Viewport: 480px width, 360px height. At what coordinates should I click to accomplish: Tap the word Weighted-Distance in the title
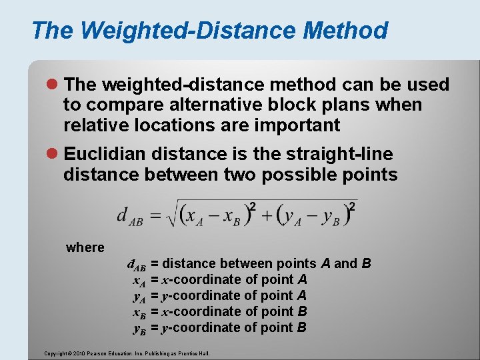coord(189,31)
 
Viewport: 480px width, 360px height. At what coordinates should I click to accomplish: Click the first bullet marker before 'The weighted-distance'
coord(55,85)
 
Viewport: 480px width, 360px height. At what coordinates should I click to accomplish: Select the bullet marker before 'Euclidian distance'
coord(55,155)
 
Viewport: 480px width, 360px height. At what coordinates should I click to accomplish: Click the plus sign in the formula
coord(267,215)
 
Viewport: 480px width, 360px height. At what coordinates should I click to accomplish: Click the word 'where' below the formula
coord(85,248)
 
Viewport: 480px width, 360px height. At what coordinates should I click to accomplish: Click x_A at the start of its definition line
coord(139,280)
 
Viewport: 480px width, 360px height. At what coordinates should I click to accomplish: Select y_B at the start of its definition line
coord(139,328)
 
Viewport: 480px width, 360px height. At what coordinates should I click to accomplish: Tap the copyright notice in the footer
coord(127,353)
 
